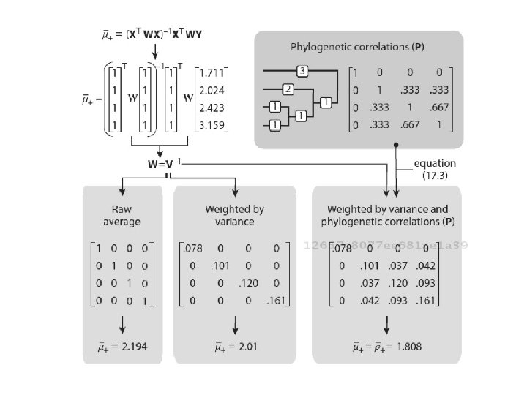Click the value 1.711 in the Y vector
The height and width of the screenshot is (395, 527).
(x=213, y=74)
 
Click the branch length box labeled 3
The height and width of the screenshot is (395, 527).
(x=302, y=71)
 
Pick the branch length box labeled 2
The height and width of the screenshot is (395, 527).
(x=288, y=89)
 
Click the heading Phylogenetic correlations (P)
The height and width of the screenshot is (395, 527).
(x=359, y=47)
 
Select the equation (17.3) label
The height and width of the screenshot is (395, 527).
(x=435, y=169)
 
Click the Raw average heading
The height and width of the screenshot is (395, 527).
(x=121, y=215)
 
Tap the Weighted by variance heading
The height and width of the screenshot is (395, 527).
(x=234, y=215)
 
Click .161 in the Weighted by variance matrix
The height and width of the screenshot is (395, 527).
(x=276, y=300)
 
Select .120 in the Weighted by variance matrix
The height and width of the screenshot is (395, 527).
(x=249, y=283)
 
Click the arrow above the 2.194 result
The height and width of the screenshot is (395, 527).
(x=122, y=322)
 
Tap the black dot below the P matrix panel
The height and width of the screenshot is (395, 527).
(x=396, y=146)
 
